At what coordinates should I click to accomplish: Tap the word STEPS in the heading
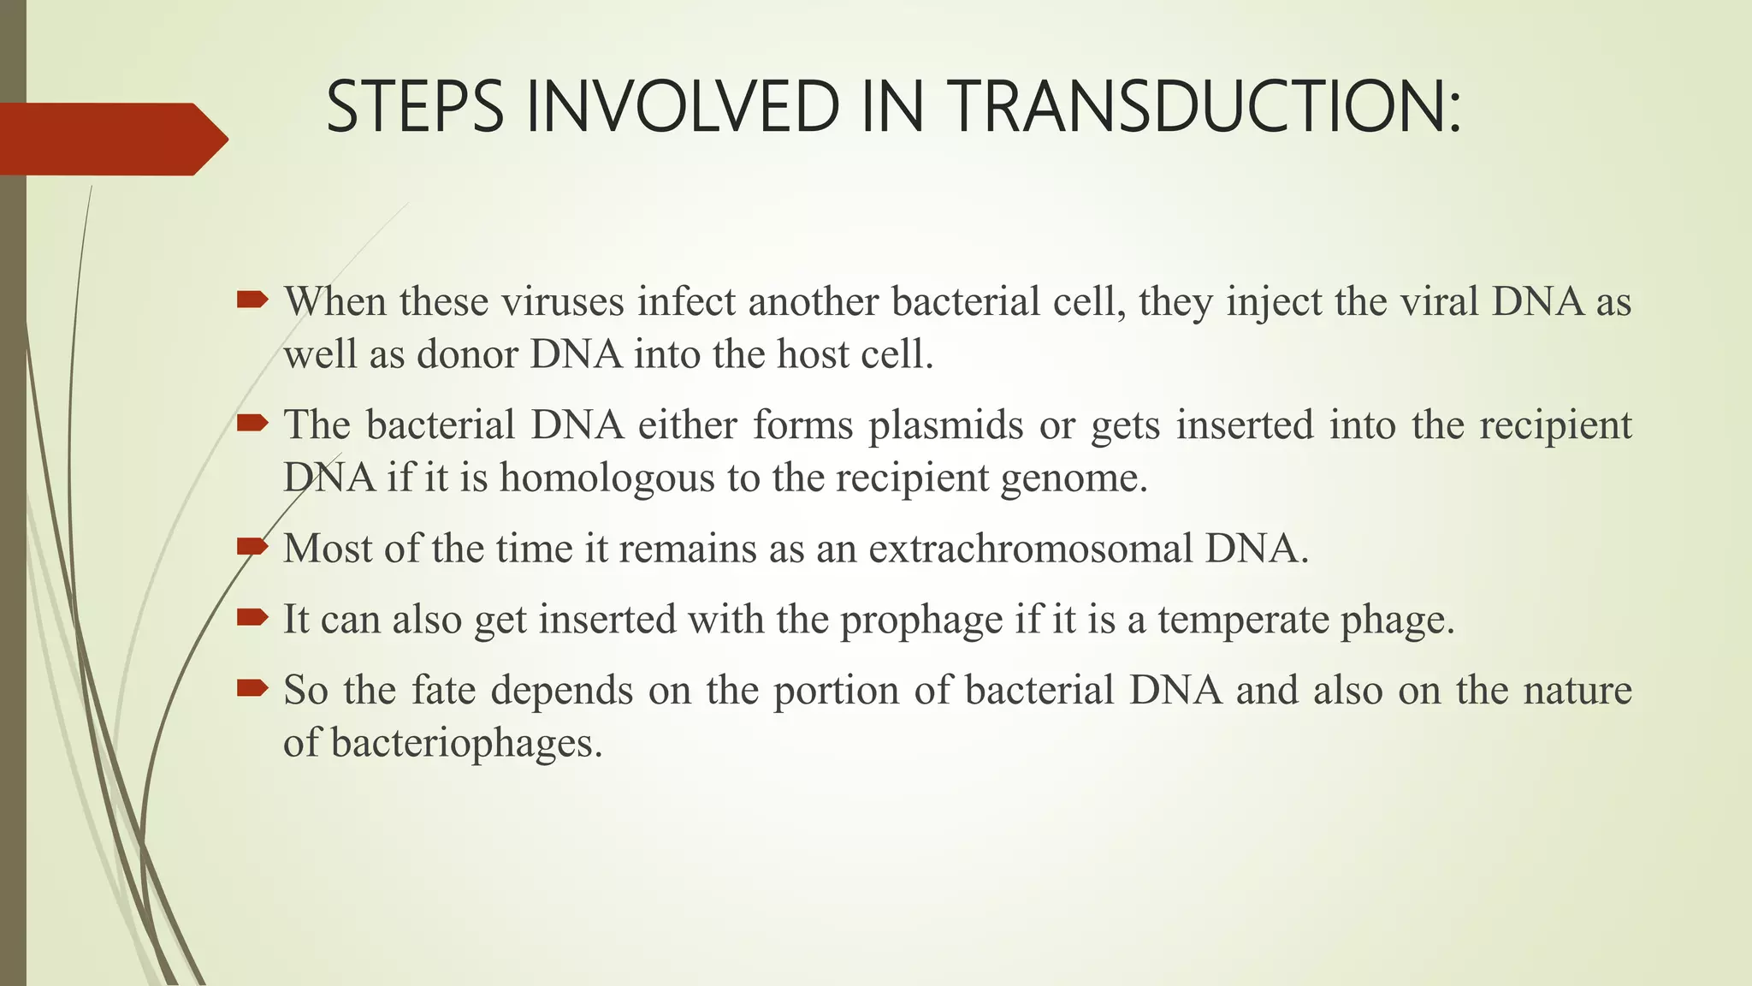coord(415,107)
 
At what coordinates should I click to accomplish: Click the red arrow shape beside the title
coord(111,139)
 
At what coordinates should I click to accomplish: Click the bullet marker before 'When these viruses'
coord(252,299)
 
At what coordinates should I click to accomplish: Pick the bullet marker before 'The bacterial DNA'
coord(252,422)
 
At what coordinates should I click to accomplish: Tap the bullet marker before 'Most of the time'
coord(252,545)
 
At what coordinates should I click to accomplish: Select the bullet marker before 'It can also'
coord(252,616)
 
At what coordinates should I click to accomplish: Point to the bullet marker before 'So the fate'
coord(252,687)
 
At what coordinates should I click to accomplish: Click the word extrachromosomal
coord(1030,549)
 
